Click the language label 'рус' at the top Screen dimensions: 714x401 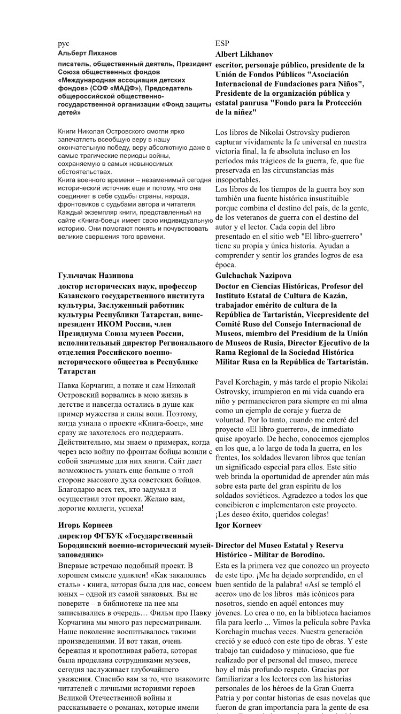[64, 44]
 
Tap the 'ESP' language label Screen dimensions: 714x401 [222, 44]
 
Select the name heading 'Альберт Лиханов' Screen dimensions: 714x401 [87, 54]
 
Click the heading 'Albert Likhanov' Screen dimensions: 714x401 [244, 54]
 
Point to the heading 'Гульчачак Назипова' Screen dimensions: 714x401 [96, 276]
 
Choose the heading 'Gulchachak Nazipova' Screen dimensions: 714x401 [254, 276]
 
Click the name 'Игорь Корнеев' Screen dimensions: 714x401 [85, 525]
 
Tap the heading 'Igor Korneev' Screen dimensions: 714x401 [239, 525]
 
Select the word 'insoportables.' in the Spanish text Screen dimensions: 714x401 [237, 180]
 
